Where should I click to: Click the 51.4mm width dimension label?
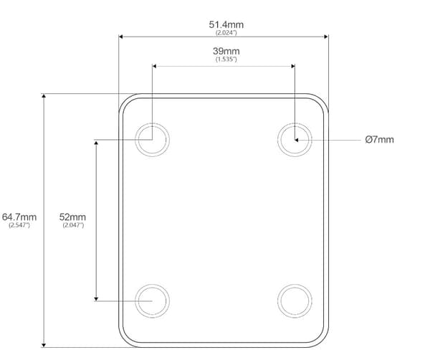[x=226, y=24]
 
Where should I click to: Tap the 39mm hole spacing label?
[x=226, y=51]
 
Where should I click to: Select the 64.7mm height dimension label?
[x=19, y=217]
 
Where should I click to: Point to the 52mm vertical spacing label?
[x=72, y=217]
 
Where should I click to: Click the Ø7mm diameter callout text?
[x=380, y=140]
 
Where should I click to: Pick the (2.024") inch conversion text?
[x=226, y=33]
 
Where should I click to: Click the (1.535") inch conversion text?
[x=226, y=59]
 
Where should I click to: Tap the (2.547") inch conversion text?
[x=19, y=225]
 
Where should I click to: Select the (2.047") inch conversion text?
[x=73, y=225]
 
